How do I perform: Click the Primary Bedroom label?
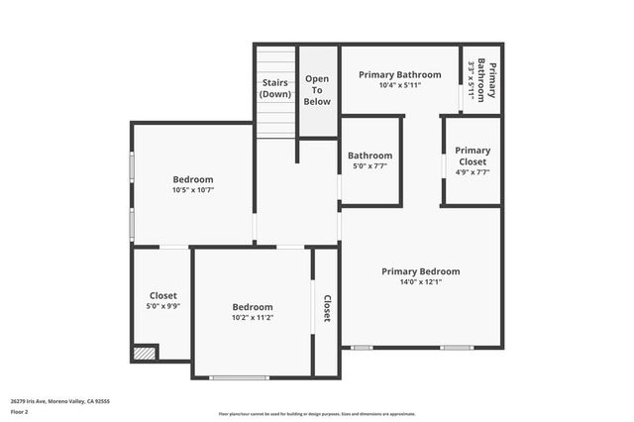coord(421,270)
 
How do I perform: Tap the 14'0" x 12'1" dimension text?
coord(421,281)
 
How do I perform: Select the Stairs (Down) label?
coord(275,87)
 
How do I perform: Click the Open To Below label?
coord(317,89)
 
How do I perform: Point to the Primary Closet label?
coord(473,156)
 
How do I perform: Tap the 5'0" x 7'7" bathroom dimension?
coord(370,166)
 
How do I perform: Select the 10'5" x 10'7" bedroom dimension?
coord(193,189)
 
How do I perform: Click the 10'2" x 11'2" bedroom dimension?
coord(253,318)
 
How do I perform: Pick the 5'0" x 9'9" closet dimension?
coord(163,307)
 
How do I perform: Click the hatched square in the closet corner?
coord(145,352)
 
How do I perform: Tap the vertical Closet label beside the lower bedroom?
coord(326,309)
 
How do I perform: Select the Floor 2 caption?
coord(20,411)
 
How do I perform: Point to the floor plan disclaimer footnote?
coord(317,414)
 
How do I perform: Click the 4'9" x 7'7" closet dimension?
coord(473,171)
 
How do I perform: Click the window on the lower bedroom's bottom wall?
coord(239,377)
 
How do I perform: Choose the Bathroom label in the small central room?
coord(370,156)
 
